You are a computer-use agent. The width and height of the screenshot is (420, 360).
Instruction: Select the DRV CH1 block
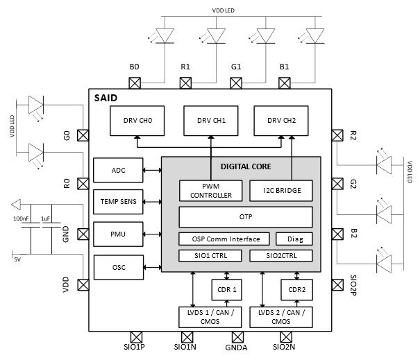tap(209, 121)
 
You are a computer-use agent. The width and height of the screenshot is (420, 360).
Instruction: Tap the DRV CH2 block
tap(280, 121)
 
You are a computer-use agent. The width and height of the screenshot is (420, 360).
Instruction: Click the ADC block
tap(119, 169)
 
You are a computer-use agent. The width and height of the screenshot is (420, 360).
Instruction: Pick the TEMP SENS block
tap(119, 202)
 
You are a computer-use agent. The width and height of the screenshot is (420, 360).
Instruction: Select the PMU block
tap(119, 234)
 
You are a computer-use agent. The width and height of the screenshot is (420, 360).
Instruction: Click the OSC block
tap(119, 266)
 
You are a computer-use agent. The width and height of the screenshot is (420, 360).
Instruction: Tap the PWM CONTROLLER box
tap(210, 190)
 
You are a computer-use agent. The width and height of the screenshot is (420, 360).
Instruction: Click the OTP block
tap(245, 217)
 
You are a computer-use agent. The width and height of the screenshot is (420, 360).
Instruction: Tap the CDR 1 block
tap(224, 289)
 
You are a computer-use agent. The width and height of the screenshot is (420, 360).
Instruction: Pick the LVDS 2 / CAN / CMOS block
tap(285, 317)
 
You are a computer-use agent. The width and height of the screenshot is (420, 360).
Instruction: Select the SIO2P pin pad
tap(337, 284)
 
